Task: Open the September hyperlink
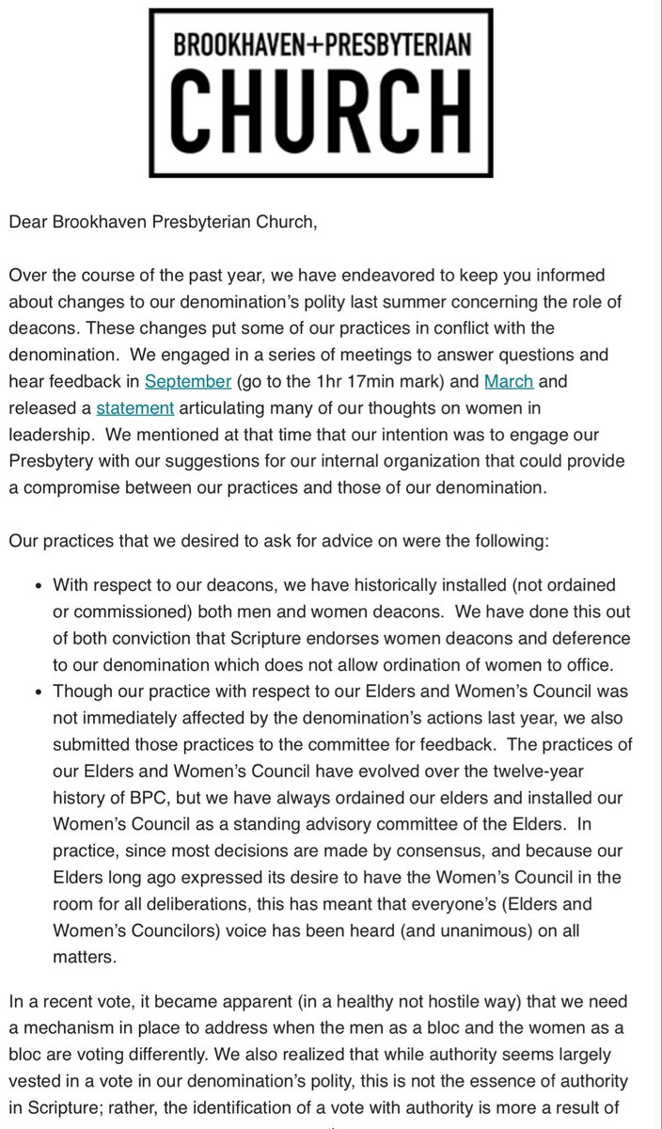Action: (x=187, y=381)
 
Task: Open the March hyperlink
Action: (x=508, y=381)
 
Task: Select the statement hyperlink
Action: (x=135, y=407)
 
